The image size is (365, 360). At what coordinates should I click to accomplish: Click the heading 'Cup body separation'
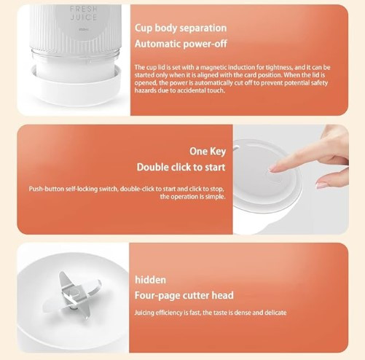pyautogui.click(x=181, y=28)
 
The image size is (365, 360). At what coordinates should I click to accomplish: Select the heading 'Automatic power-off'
pyautogui.click(x=181, y=44)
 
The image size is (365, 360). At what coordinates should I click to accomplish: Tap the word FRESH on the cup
pyautogui.click(x=84, y=9)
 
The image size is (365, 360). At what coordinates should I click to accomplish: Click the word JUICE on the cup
pyautogui.click(x=84, y=17)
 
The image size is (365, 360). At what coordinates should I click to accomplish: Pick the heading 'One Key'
pyautogui.click(x=208, y=152)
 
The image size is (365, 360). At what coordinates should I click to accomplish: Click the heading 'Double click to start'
pyautogui.click(x=181, y=168)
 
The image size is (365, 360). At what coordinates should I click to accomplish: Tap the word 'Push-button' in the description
pyautogui.click(x=47, y=189)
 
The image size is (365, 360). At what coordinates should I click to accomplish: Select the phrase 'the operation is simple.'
pyautogui.click(x=193, y=197)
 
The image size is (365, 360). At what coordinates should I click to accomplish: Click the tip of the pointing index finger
pyautogui.click(x=270, y=169)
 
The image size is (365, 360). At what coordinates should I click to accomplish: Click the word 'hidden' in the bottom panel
pyautogui.click(x=150, y=280)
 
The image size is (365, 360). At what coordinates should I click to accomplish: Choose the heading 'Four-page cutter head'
pyautogui.click(x=184, y=296)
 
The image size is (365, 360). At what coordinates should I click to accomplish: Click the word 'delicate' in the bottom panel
pyautogui.click(x=275, y=313)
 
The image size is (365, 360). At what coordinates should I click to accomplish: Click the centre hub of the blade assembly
pyautogui.click(x=74, y=292)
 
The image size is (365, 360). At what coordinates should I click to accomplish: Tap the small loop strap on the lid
pyautogui.click(x=236, y=147)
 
